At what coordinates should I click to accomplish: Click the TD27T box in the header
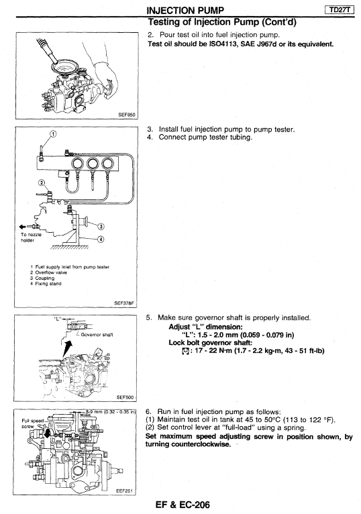pos(340,10)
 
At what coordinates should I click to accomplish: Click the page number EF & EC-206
pos(183,505)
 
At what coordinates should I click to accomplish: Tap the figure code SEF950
pos(127,115)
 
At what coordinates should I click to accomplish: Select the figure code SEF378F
pos(124,303)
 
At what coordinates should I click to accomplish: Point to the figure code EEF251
pos(125,491)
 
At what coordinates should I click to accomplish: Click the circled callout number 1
pos(53,134)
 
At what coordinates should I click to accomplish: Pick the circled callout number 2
pos(42,183)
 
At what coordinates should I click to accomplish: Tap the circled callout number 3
pos(101,227)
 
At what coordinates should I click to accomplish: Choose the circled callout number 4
pos(101,240)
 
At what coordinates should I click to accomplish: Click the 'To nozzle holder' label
pos(31,238)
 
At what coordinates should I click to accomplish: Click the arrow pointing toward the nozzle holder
pos(27,226)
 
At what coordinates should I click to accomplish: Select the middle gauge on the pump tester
pos(93,163)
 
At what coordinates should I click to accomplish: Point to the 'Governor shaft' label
pos(97,335)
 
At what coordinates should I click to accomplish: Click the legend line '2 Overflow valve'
pos(48,272)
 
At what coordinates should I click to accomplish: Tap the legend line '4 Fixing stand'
pos(46,284)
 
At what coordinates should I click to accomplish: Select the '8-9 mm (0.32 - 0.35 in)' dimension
pos(111,411)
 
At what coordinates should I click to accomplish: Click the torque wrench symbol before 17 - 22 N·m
pos(185,351)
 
